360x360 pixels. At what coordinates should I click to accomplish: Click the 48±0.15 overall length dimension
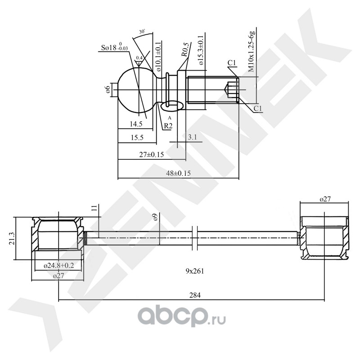[x=178, y=173]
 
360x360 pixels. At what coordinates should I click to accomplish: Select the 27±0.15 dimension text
[x=152, y=154]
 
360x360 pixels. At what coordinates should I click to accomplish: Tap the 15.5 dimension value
[x=137, y=138]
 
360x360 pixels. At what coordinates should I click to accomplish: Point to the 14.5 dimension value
[x=136, y=124]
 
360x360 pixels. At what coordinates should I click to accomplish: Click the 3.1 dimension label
[x=192, y=137]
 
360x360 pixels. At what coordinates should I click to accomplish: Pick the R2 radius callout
[x=168, y=126]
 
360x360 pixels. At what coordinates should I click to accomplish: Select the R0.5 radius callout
[x=185, y=49]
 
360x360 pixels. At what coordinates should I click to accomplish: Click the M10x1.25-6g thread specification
[x=252, y=52]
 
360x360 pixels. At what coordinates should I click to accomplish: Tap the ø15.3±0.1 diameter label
[x=200, y=50]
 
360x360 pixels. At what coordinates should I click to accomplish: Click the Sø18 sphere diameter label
[x=114, y=47]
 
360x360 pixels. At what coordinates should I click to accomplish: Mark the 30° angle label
[x=142, y=32]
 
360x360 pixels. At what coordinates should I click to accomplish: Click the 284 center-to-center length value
[x=195, y=295]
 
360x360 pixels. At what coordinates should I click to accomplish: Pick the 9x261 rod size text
[x=195, y=271]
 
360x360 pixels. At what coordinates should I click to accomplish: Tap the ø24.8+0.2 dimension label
[x=59, y=265]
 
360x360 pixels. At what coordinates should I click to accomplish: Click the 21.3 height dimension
[x=12, y=238]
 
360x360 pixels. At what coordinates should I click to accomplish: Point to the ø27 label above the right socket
[x=325, y=199]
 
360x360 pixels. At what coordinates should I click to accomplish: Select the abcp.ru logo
[x=182, y=318]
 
